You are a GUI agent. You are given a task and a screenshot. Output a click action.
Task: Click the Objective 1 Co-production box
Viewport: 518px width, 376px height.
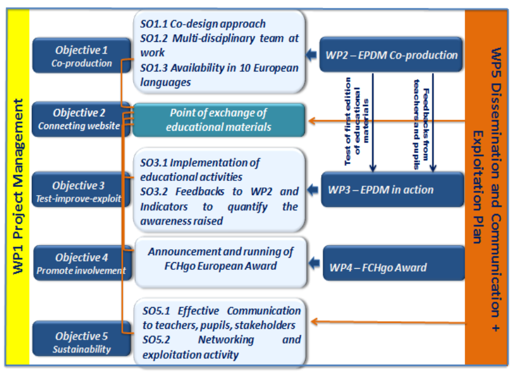(81, 56)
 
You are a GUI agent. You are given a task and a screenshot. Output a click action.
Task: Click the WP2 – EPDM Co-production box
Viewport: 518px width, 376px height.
(391, 55)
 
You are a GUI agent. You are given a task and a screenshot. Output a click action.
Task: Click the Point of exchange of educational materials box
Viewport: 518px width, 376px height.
(218, 120)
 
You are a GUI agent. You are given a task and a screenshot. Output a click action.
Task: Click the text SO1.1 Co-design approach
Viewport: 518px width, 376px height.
(202, 24)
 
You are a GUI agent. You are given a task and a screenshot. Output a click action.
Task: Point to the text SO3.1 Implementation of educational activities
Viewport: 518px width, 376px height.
(200, 169)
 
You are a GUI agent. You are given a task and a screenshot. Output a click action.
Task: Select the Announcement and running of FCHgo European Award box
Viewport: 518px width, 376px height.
(220, 258)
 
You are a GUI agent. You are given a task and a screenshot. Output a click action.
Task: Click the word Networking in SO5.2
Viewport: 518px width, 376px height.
(226, 340)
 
